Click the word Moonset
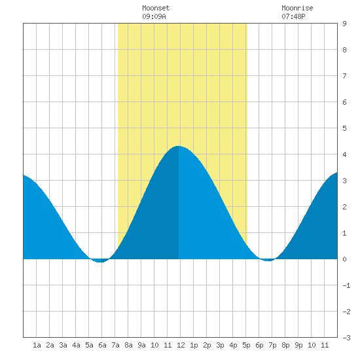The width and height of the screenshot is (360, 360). [156, 8]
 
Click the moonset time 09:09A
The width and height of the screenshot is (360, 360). [154, 16]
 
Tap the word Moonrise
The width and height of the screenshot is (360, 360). [297, 8]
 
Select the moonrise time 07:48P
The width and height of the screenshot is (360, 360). [293, 16]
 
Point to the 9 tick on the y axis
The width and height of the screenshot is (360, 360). [344, 24]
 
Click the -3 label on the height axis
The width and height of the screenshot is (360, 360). [346, 338]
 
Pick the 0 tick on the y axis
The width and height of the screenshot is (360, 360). [344, 259]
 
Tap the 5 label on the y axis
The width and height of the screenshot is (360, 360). [344, 128]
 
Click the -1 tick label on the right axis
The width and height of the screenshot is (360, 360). [346, 285]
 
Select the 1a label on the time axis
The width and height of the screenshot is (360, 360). [37, 345]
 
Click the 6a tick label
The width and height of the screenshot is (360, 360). [102, 345]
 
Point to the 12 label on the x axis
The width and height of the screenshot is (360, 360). [181, 345]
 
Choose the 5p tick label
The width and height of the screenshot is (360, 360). [246, 345]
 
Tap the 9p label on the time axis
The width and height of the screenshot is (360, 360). [298, 345]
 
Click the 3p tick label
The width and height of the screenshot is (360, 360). [220, 345]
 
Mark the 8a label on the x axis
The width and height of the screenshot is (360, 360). [128, 345]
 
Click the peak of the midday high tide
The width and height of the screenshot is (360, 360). [179, 146]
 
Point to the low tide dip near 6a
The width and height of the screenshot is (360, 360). [99, 262]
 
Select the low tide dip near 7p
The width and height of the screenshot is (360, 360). [268, 261]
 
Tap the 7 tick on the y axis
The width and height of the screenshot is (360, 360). [344, 76]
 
